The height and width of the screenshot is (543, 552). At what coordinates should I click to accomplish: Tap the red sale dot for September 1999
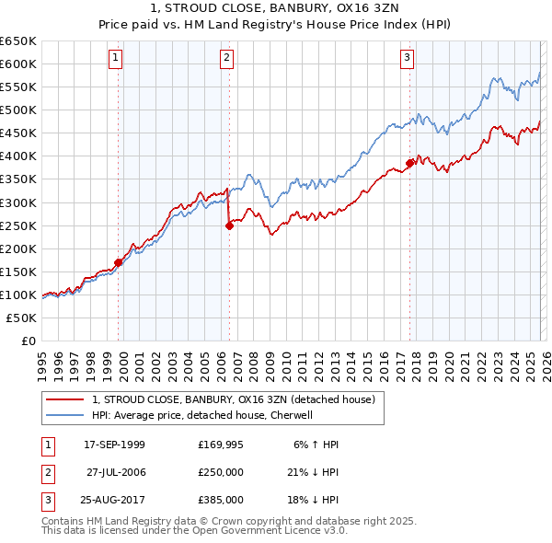119,262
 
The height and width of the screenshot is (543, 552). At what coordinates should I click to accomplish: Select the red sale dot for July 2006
229,225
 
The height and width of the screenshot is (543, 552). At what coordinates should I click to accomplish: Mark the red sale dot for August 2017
409,164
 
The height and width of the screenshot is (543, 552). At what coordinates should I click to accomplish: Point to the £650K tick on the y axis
18,41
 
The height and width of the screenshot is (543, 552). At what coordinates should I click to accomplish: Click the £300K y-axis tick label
18,202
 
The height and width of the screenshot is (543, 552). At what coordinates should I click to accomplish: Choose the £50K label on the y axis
22,318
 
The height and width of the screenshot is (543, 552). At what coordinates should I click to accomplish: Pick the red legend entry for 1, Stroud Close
234,400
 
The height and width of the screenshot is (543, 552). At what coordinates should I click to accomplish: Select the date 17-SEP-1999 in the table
114,445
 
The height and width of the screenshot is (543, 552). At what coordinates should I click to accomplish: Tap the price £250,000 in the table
221,472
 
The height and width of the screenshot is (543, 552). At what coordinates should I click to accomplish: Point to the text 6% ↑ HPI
316,445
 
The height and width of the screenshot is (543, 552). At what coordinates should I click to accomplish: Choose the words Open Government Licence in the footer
268,531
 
